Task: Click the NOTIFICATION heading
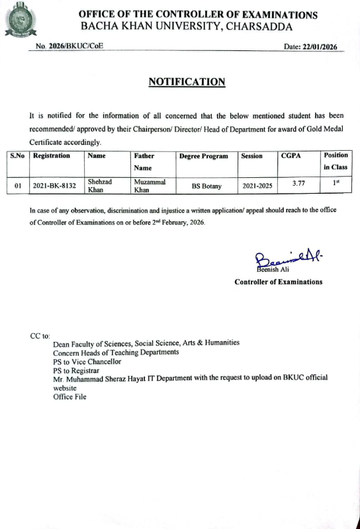pos(187,82)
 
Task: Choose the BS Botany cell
pos(206,186)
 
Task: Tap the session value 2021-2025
pos(258,186)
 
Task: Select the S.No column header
pos(17,156)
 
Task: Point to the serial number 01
pos(18,186)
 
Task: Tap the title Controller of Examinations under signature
pos(279,282)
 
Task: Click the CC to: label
pos(40,336)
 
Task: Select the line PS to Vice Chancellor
pos(87,362)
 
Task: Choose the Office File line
pos(69,397)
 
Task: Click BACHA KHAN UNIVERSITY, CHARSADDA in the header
pos(187,26)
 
